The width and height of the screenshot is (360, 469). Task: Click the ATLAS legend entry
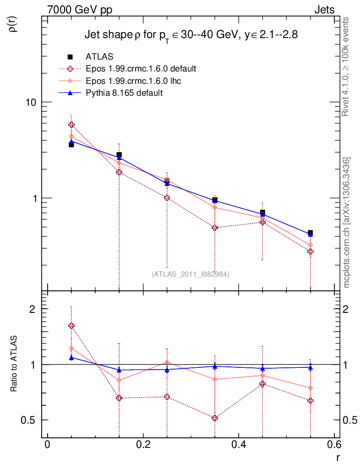100,57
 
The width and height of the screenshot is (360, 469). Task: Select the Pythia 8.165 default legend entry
124,93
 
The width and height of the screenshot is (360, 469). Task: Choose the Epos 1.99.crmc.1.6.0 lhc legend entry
136,81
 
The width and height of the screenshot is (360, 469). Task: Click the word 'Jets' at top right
324,10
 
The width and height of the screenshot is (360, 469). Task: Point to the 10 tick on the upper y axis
31,102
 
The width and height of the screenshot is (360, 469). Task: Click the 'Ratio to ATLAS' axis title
14,363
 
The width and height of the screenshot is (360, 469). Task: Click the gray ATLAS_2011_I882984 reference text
191,274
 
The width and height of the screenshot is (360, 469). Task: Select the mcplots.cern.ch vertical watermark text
347,222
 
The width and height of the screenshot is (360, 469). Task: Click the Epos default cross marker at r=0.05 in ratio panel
71,326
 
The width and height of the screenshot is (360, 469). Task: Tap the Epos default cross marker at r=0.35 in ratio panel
215,418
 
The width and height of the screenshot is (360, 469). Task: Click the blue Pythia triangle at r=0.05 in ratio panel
71,358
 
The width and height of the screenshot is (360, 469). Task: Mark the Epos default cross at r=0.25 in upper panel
167,198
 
